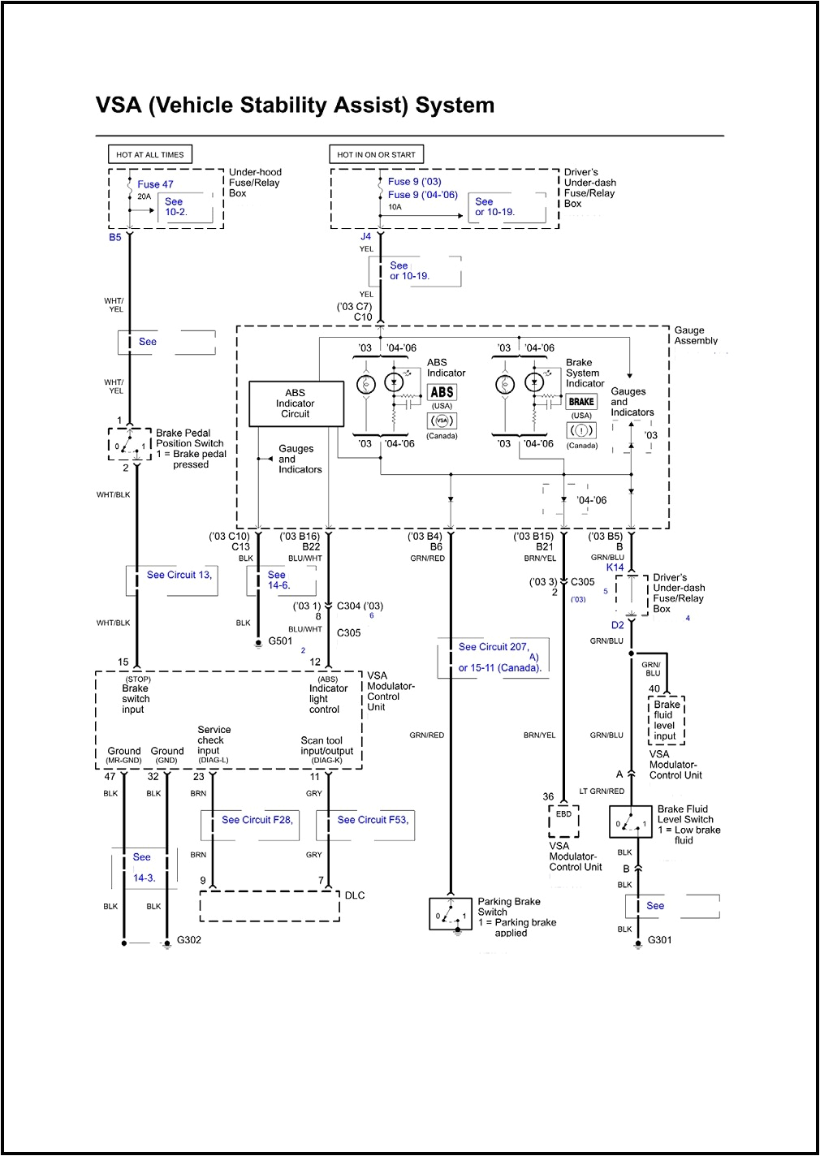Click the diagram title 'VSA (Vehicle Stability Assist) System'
[295, 106]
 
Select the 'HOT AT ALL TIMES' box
[150, 154]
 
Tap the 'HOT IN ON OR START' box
[376, 154]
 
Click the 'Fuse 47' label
[155, 184]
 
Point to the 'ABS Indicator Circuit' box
[296, 403]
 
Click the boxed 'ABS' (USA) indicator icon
[442, 392]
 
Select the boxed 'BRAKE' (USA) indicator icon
[581, 402]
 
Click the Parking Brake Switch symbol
[451, 914]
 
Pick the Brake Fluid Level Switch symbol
[631, 822]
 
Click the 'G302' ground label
[189, 940]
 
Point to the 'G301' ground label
[659, 940]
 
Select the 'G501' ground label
[280, 641]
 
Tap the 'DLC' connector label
[355, 895]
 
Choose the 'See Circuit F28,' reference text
[257, 820]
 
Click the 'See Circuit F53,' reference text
[373, 820]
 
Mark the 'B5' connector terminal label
[115, 237]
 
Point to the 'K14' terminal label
[615, 567]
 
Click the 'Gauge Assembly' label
[696, 335]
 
